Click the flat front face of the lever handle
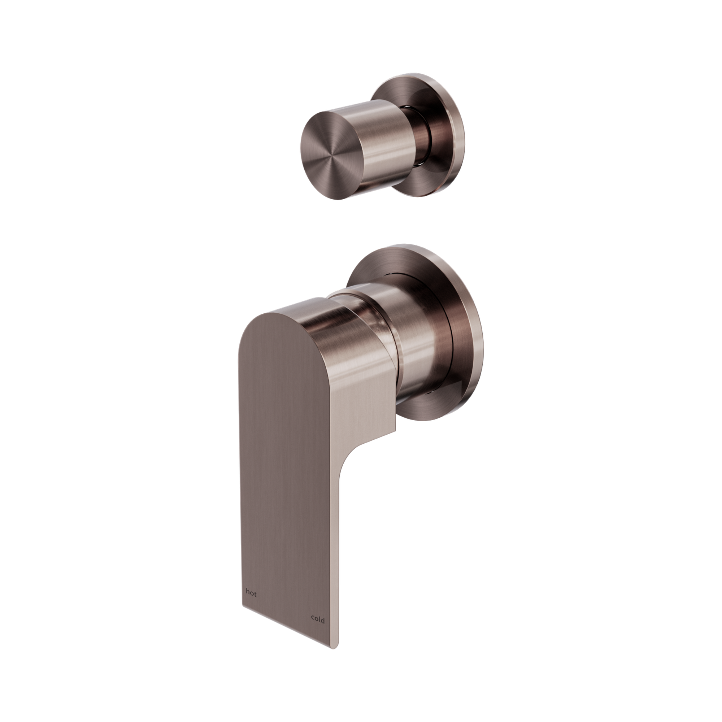click(284, 448)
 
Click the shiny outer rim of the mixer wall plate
click(475, 336)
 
